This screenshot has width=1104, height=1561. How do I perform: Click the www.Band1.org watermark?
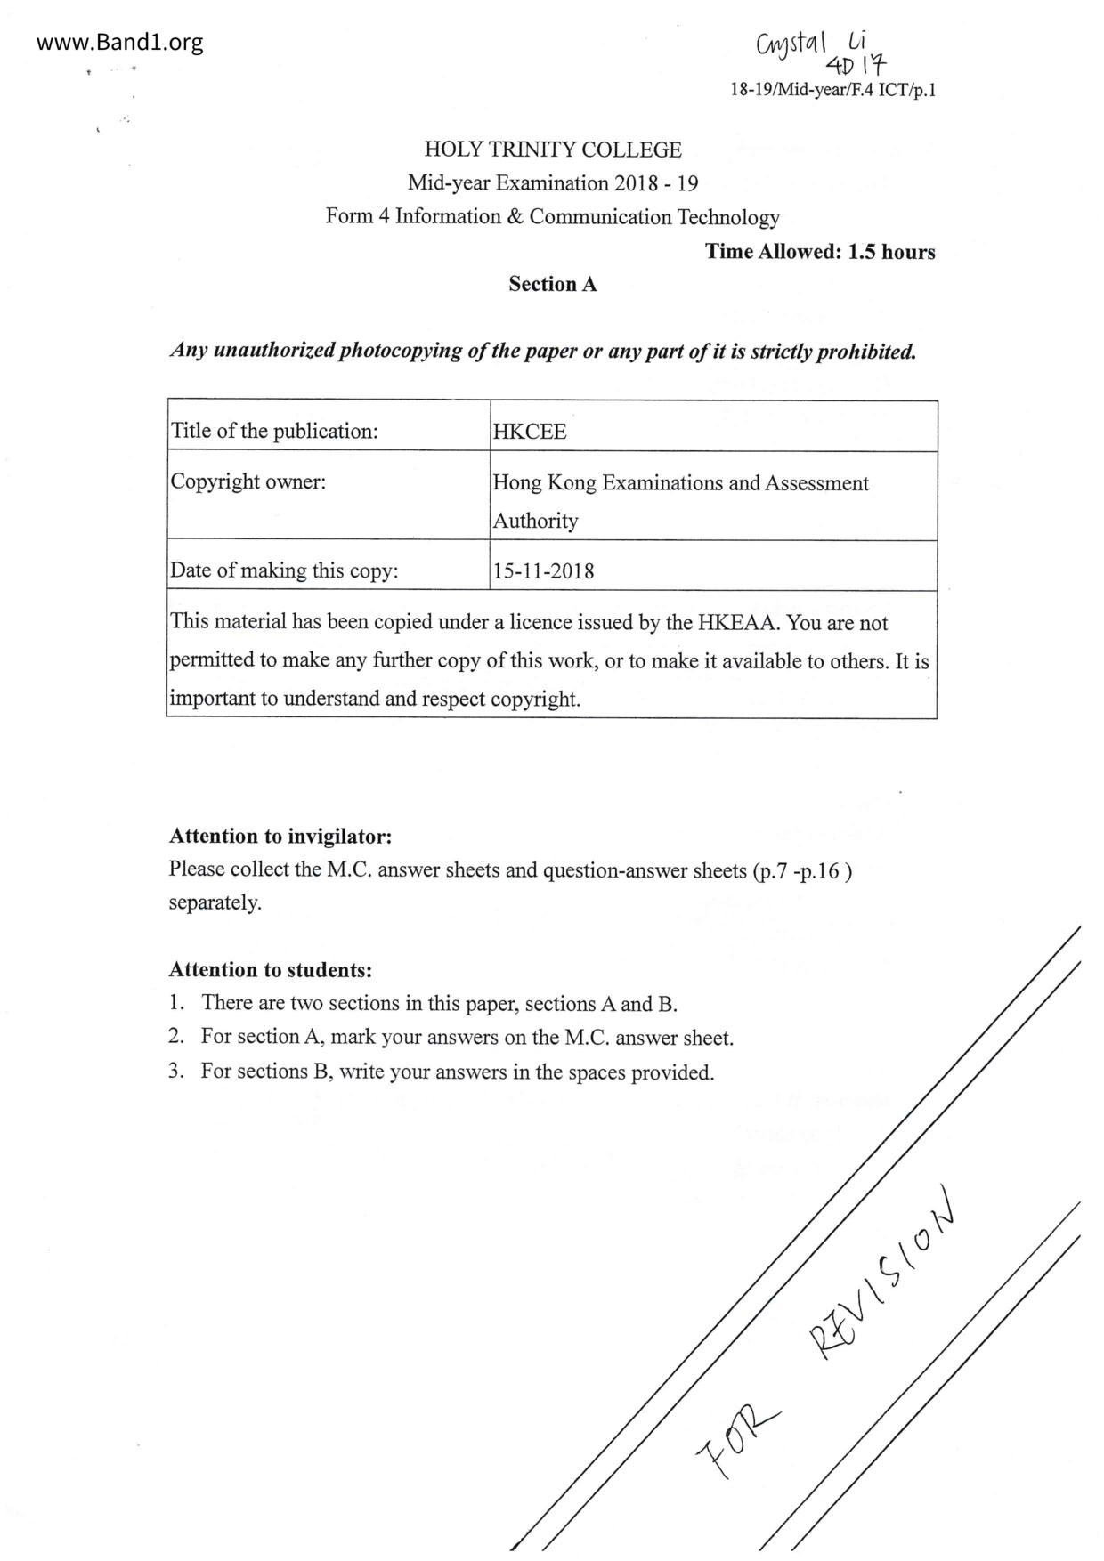(x=120, y=42)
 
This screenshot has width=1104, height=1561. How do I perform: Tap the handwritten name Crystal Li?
(x=809, y=43)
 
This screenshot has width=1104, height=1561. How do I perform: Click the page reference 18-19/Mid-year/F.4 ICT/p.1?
(x=832, y=90)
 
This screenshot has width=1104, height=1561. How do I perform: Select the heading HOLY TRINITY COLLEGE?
(x=552, y=150)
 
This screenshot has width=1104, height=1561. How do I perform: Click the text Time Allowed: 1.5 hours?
(x=820, y=252)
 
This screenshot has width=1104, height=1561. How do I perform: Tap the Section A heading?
(x=552, y=285)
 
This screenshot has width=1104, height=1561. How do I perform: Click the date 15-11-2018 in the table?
(x=543, y=570)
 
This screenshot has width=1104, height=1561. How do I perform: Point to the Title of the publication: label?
(x=274, y=432)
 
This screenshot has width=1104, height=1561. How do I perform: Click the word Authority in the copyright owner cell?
(x=535, y=521)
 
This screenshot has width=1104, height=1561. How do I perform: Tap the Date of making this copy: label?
(x=284, y=570)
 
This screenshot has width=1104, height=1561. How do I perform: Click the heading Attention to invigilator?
(x=280, y=837)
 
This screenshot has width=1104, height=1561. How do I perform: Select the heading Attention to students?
(x=271, y=970)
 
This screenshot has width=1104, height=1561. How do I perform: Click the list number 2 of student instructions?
(x=176, y=1037)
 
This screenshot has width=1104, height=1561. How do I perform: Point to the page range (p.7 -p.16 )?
(x=802, y=870)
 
